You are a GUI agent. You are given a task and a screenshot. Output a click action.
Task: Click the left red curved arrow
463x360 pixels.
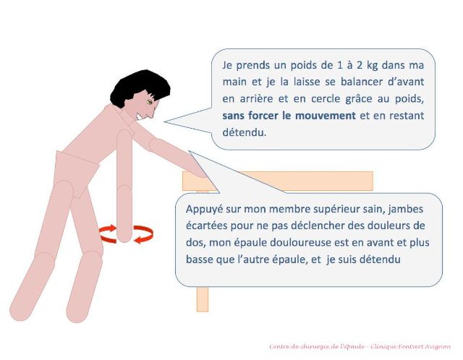tap(107, 233)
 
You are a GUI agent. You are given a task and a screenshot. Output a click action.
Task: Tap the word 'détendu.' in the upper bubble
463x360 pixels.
tap(246, 132)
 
